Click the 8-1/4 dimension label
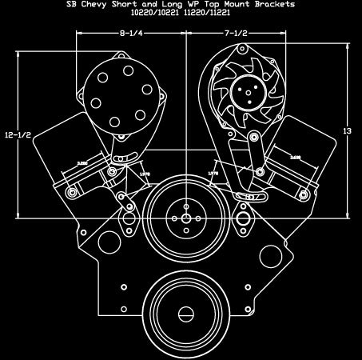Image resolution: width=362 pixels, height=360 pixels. tap(130, 34)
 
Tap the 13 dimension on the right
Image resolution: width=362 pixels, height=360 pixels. tap(347, 130)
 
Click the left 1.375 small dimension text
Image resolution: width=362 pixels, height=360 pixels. tap(145, 172)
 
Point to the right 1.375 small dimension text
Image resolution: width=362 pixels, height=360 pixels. tap(213, 172)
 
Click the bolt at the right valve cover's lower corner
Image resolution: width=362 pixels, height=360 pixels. tap(301, 193)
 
